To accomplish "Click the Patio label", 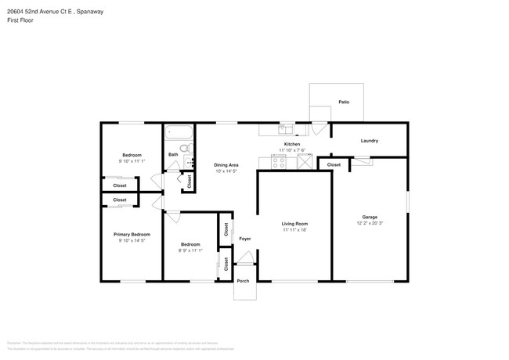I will pos(343,103).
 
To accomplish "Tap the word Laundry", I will pos(370,141).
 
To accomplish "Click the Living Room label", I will pos(294,224).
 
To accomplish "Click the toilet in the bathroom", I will pos(186,148).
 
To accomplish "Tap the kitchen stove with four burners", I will pos(280,162).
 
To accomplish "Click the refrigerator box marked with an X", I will pos(302,162).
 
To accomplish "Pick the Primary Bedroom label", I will pos(132,235).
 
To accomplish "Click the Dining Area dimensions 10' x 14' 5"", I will pos(226,171).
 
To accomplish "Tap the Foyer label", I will pos(244,238).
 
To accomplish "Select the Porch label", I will pos(244,281).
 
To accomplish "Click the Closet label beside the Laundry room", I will pos(334,165).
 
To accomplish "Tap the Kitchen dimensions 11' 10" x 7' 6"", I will pos(292,151).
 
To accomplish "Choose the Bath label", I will pos(173,154).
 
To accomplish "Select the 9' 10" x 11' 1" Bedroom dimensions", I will pos(132,160).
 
